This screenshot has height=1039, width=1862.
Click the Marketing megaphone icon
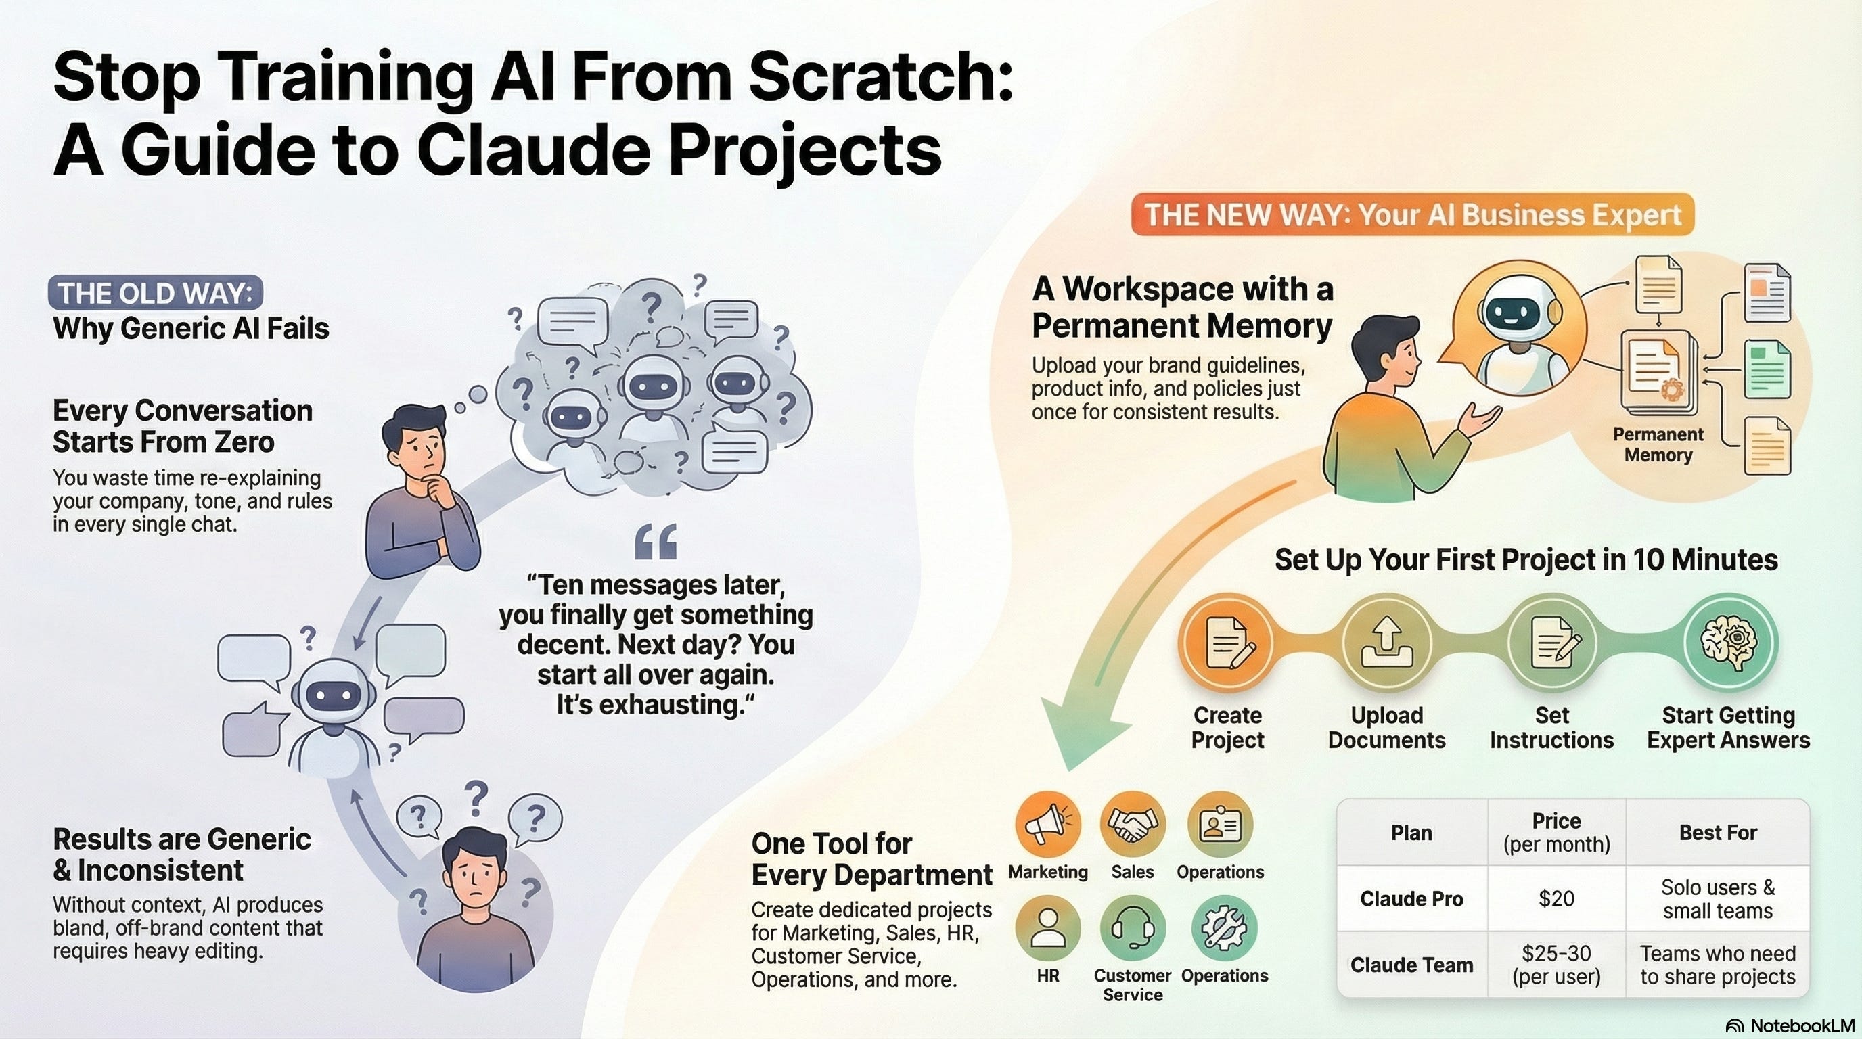pyautogui.click(x=1047, y=825)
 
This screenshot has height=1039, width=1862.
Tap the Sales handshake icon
pyautogui.click(x=1133, y=825)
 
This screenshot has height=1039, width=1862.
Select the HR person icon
pyautogui.click(x=1047, y=929)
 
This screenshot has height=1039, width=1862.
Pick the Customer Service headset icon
pyautogui.click(x=1133, y=929)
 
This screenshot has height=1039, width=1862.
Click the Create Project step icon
pyautogui.click(x=1227, y=643)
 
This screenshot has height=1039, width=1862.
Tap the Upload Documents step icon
pyautogui.click(x=1386, y=643)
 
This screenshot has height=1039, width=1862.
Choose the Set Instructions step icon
pyautogui.click(x=1552, y=643)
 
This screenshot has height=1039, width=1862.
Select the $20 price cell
pyautogui.click(x=1556, y=898)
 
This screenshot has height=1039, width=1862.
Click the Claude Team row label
pyautogui.click(x=1411, y=965)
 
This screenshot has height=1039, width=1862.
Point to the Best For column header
pyautogui.click(x=1717, y=833)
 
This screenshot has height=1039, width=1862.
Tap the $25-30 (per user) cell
pyautogui.click(x=1556, y=965)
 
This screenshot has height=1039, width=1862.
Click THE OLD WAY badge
pyautogui.click(x=155, y=294)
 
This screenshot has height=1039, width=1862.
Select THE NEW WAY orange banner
pyautogui.click(x=1413, y=214)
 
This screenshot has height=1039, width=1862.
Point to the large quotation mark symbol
pyautogui.click(x=656, y=542)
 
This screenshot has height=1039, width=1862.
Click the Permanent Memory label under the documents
pyautogui.click(x=1658, y=444)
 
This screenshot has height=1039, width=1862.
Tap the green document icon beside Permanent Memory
pyautogui.click(x=1767, y=369)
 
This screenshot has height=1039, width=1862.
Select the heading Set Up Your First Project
pyautogui.click(x=1525, y=560)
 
